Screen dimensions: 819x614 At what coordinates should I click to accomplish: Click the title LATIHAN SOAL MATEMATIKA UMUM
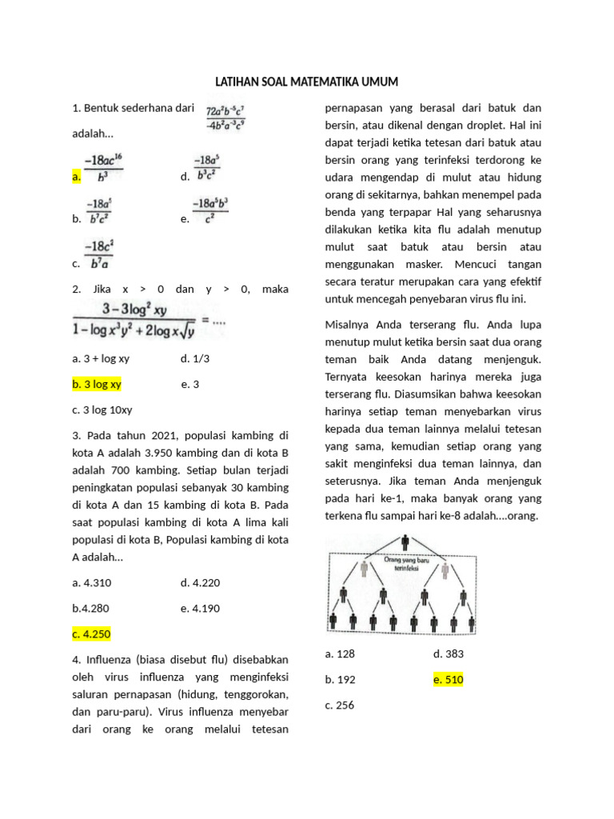pos(306,82)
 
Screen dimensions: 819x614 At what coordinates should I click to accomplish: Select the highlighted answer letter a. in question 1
pos(76,177)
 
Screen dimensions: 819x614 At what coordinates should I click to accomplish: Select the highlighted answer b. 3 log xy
pos(97,384)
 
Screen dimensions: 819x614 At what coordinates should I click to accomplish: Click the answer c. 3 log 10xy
pos(102,409)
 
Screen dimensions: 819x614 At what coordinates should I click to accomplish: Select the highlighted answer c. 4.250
pos(91,633)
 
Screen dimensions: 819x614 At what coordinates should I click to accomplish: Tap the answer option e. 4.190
pos(201,608)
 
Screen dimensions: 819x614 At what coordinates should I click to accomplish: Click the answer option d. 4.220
pos(201,582)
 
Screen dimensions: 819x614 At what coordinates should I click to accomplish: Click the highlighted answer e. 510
pos(448,679)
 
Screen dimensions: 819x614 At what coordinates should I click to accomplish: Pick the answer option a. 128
pos(340,653)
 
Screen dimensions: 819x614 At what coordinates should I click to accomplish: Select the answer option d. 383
pos(448,653)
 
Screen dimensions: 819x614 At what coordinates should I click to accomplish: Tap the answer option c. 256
pos(340,705)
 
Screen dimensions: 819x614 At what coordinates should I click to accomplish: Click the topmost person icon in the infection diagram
pos(405,543)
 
